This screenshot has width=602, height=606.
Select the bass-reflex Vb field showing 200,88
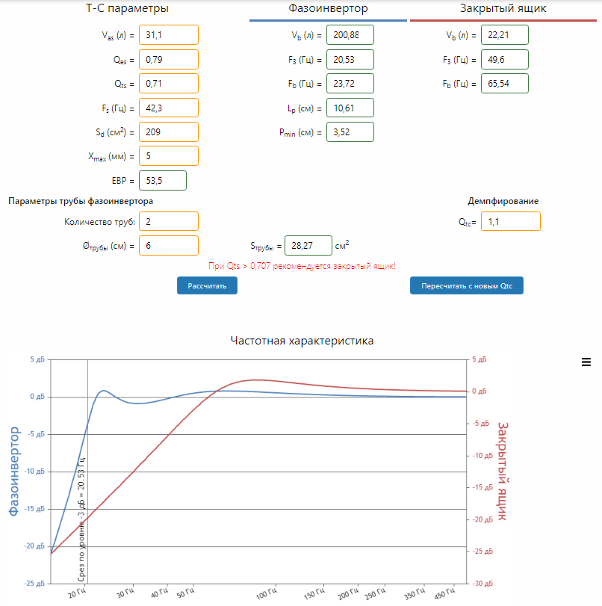[350, 34]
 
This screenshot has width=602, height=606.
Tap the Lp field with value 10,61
[350, 108]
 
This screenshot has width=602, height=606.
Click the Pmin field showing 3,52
[350, 132]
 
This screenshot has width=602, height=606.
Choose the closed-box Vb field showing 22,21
[504, 34]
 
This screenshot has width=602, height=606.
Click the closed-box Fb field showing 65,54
[504, 84]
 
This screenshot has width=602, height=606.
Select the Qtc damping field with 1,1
[510, 221]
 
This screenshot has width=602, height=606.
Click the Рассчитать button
[207, 285]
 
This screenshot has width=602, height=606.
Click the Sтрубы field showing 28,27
[308, 245]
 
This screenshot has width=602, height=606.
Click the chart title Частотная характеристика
[302, 341]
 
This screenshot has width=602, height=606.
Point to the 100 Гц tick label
[266, 595]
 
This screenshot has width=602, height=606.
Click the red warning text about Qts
[302, 266]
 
